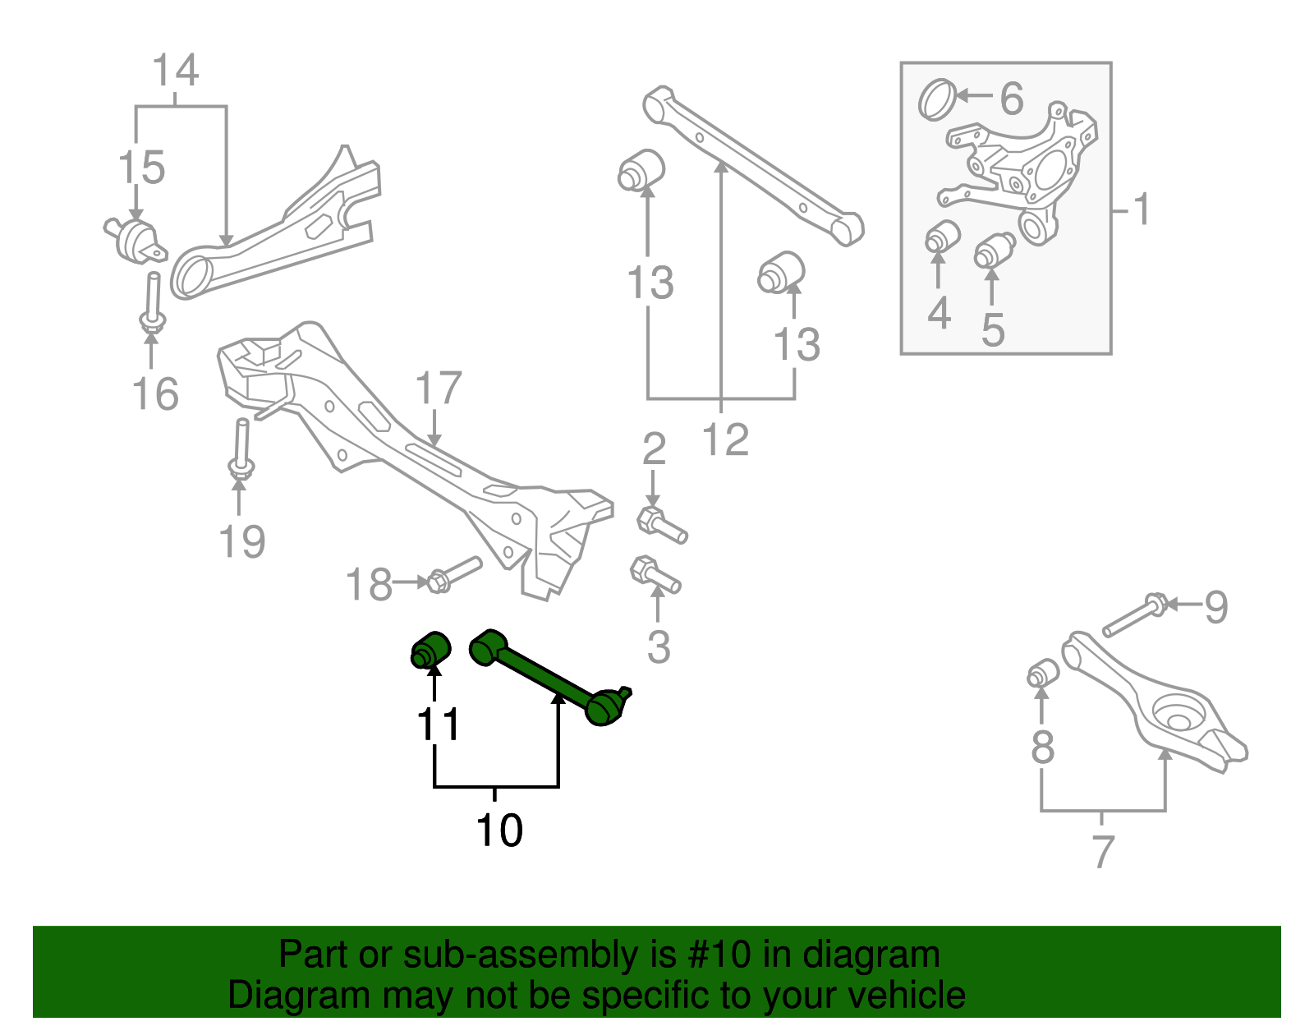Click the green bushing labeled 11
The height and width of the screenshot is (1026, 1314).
pyautogui.click(x=430, y=650)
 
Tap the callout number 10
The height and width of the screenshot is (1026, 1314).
pyautogui.click(x=499, y=830)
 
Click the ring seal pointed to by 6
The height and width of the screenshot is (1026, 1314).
pyautogui.click(x=937, y=99)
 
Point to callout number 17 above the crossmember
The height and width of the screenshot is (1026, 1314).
pyautogui.click(x=439, y=389)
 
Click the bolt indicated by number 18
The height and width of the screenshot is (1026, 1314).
pyautogui.click(x=453, y=573)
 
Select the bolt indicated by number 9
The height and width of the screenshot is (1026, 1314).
pyautogui.click(x=1133, y=617)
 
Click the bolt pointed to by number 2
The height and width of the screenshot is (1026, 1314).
pyautogui.click(x=661, y=525)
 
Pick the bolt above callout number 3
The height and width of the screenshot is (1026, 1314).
pyautogui.click(x=655, y=574)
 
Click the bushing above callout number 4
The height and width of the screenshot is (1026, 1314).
pyautogui.click(x=943, y=237)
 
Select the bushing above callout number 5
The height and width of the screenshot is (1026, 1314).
pyautogui.click(x=994, y=250)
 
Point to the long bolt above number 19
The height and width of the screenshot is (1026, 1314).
pyautogui.click(x=241, y=449)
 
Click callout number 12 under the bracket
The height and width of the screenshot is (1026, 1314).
pyautogui.click(x=726, y=440)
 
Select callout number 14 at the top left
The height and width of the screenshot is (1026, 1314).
pyautogui.click(x=176, y=71)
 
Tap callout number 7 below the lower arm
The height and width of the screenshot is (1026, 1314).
pyautogui.click(x=1103, y=851)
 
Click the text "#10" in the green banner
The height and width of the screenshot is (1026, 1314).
pyautogui.click(x=726, y=955)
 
